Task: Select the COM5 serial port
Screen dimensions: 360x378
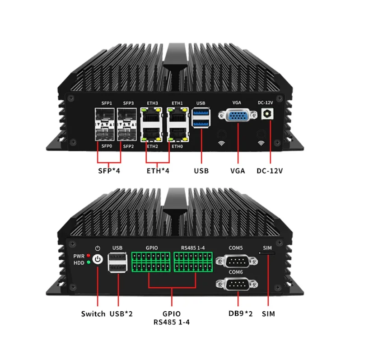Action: click(x=236, y=262)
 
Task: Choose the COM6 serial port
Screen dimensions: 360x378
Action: click(x=236, y=285)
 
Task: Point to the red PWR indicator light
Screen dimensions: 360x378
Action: click(x=89, y=256)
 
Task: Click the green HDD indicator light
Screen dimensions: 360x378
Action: click(x=89, y=262)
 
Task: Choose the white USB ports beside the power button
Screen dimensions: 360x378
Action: click(x=117, y=264)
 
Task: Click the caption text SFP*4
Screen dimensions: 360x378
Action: click(x=109, y=171)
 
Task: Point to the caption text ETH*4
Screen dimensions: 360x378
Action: click(x=157, y=171)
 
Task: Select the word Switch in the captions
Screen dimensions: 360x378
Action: click(x=93, y=313)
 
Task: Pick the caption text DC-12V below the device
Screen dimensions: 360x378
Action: click(x=270, y=171)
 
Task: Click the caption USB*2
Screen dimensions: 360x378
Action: click(x=121, y=313)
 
